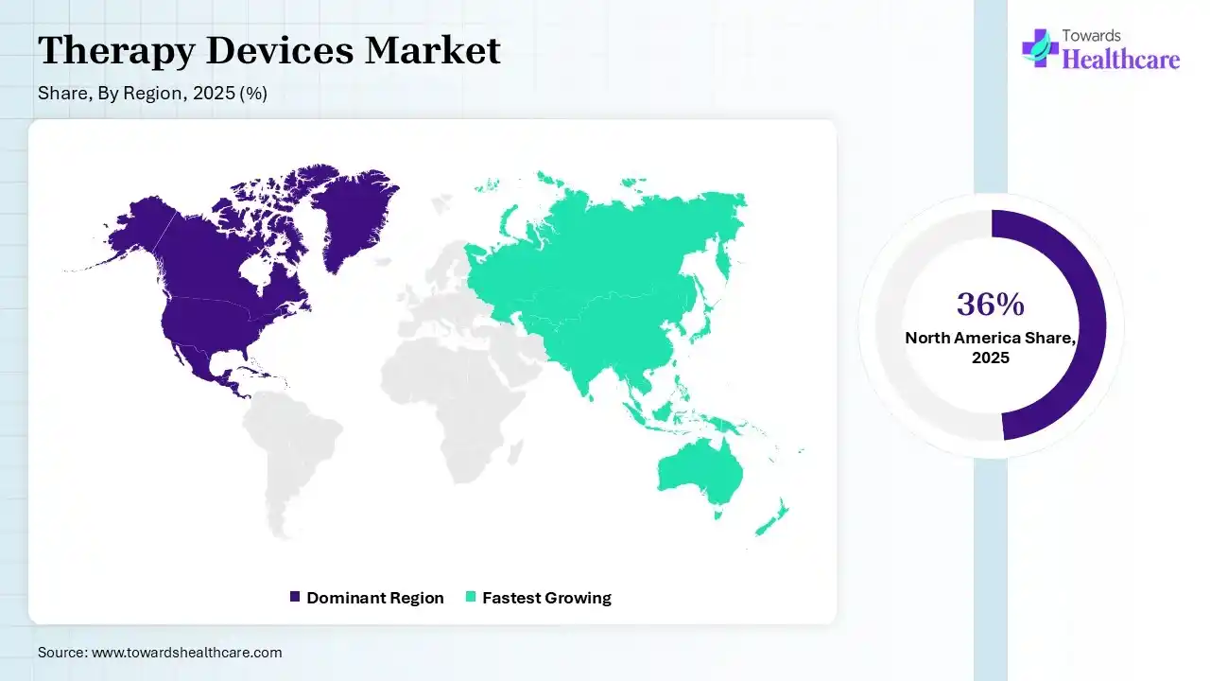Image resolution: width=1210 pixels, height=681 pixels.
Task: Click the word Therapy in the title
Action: [x=116, y=51]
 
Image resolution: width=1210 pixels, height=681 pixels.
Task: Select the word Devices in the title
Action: [x=280, y=50]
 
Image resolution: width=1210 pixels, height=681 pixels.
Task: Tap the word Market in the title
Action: [x=433, y=50]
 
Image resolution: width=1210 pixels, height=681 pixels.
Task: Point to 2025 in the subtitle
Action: [x=214, y=93]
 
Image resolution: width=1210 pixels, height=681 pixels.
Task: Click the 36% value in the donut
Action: [x=990, y=304]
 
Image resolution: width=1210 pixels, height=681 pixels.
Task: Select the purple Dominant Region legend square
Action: [x=295, y=597]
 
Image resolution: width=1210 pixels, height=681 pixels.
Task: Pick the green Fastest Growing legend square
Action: [x=471, y=597]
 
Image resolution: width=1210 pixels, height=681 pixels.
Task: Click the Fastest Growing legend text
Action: [x=546, y=598]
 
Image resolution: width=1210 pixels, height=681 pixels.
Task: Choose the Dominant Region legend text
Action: [x=375, y=598]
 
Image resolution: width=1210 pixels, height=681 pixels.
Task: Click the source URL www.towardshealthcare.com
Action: [x=187, y=653]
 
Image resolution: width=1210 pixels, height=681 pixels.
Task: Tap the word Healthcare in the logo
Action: [x=1121, y=59]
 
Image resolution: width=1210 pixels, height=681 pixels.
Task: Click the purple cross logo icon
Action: [x=1041, y=48]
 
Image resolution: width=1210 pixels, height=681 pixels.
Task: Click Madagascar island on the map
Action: [x=516, y=452]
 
